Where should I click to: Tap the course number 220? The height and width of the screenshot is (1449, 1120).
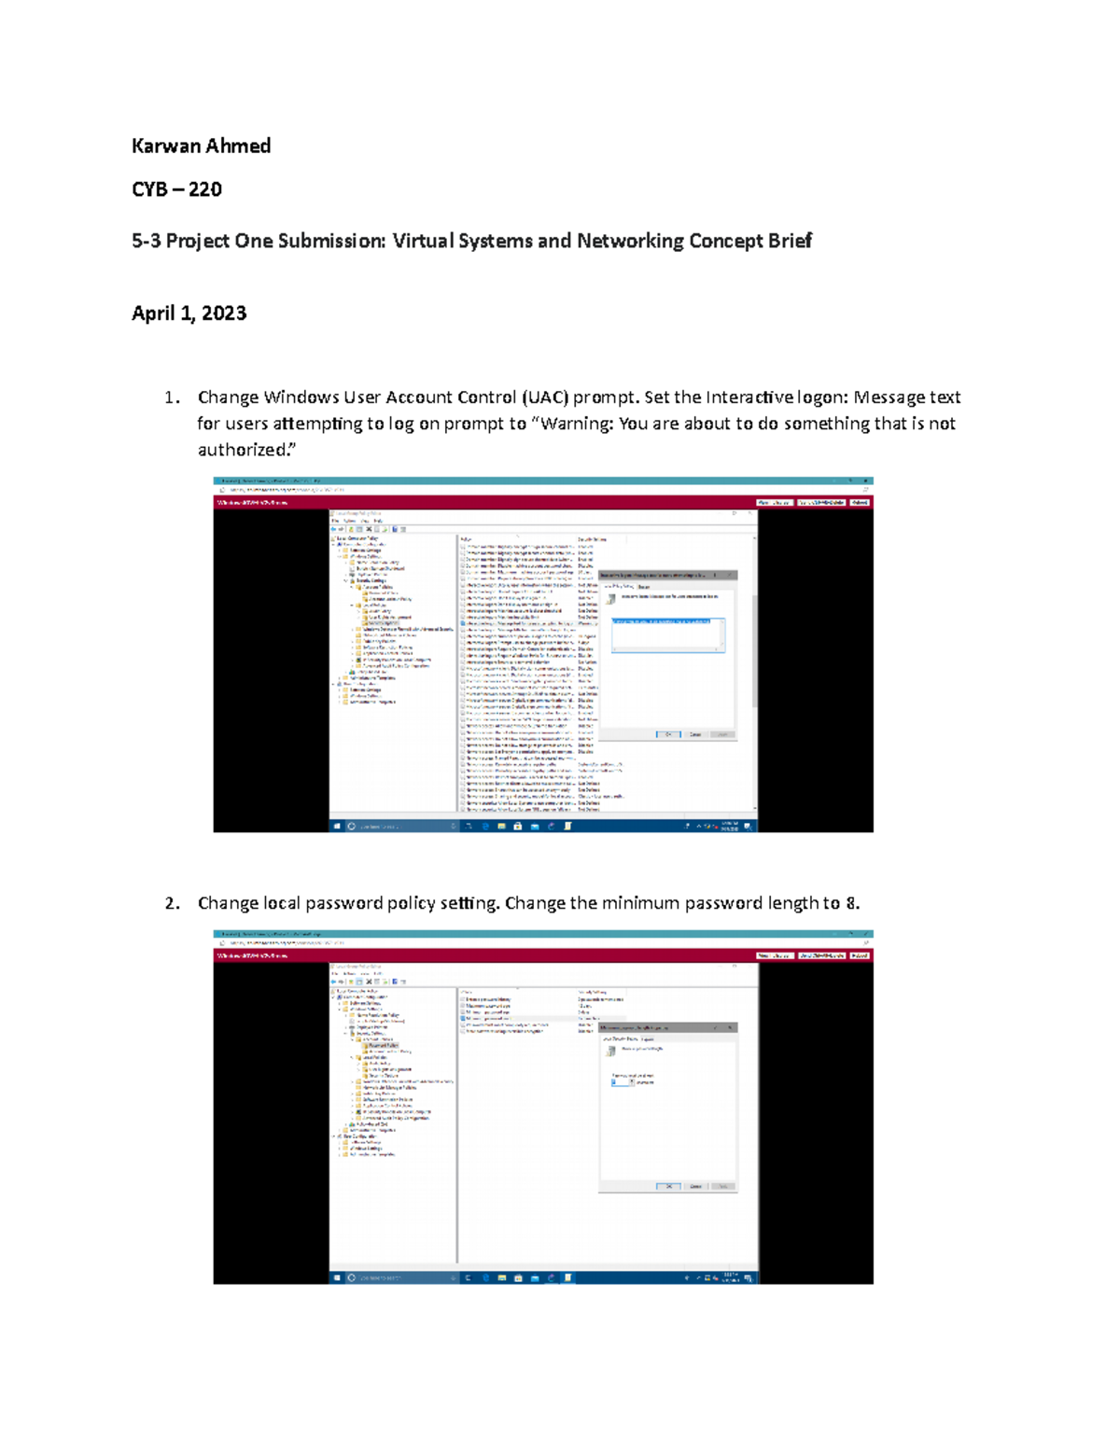click(205, 189)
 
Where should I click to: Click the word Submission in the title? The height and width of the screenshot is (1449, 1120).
click(331, 241)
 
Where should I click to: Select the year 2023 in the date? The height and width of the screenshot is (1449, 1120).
click(224, 313)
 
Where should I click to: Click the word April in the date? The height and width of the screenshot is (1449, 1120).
click(152, 313)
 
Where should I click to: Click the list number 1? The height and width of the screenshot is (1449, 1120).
click(170, 397)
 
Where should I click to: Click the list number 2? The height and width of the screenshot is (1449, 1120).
click(170, 903)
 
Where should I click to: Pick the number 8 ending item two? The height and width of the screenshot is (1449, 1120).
click(851, 903)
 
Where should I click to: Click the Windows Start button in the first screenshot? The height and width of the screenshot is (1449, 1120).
click(337, 826)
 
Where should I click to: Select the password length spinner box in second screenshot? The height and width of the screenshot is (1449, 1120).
click(622, 1082)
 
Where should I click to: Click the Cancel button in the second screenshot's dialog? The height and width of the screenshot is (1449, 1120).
click(695, 1186)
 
